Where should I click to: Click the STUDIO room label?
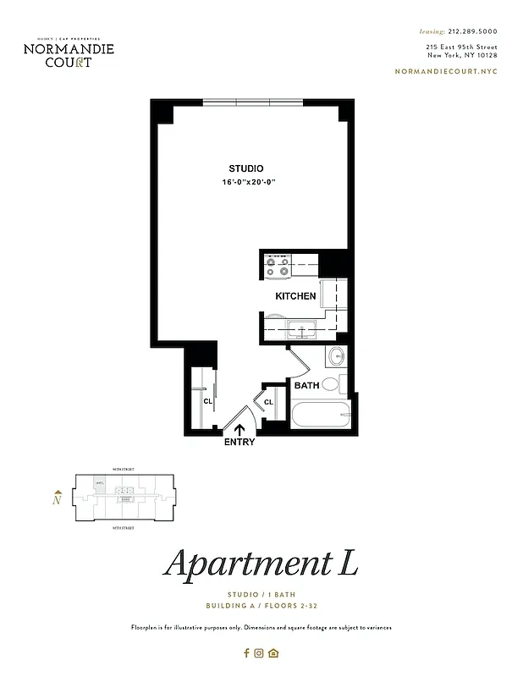point(245,168)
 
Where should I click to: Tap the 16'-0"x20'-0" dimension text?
point(250,183)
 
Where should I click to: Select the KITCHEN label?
point(296,296)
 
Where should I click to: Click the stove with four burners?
point(278,267)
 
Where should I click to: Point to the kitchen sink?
point(300,329)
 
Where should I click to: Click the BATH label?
point(306,386)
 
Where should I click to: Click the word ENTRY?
point(239,442)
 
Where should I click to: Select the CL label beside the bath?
point(268,402)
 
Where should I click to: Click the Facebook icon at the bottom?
point(247,652)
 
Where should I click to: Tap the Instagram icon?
point(259,652)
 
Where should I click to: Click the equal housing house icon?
point(273,652)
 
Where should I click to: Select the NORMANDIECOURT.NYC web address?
point(446,71)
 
